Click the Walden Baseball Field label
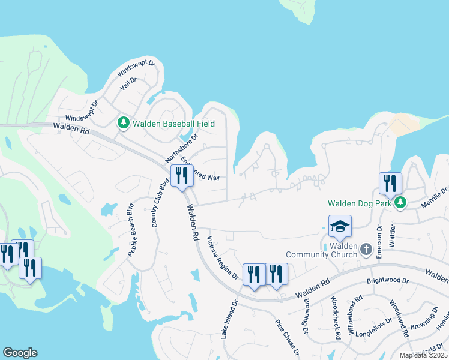pos(173,124)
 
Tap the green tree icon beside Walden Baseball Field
pos(124,123)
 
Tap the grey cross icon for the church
pos(366,248)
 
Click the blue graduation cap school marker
pos(340,226)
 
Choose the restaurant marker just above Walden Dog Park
pos(390,183)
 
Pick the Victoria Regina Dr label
pos(223,258)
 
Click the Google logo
pos(20,353)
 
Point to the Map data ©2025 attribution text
pos(423,355)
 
